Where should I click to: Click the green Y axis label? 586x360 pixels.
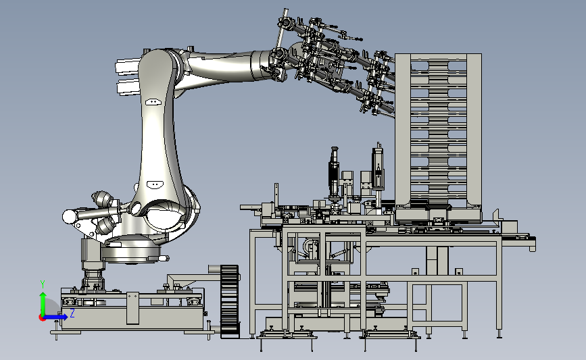tap(43, 284)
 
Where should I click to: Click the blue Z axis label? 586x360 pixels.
tap(72, 313)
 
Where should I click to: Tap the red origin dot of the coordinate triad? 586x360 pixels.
tap(42, 317)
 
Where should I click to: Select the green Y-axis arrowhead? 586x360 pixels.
tap(43, 297)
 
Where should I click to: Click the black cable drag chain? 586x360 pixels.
tap(230, 301)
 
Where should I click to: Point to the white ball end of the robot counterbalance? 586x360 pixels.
tap(70, 217)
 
